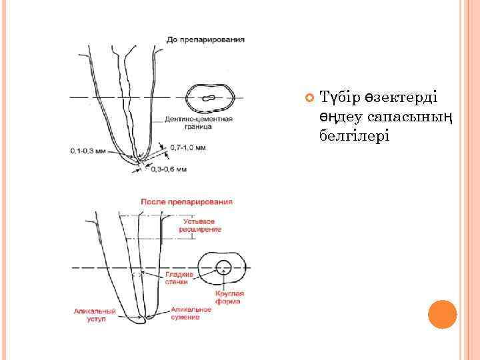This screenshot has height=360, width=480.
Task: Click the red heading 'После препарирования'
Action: point(187,201)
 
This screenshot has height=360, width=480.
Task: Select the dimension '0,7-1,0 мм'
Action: point(187,147)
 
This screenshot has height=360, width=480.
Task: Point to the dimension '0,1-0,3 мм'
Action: point(88,151)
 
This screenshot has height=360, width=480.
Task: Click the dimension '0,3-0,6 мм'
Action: point(169,169)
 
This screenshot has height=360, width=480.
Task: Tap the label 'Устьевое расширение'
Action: point(200,225)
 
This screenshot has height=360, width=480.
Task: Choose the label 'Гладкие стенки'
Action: point(180,278)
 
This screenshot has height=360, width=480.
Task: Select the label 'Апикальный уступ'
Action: point(95,315)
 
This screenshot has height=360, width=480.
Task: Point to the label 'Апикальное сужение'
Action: point(191,313)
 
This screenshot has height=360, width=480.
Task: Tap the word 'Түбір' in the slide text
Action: point(341,97)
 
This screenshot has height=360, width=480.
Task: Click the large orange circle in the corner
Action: point(441,315)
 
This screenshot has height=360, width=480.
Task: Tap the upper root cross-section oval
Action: point(210,98)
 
